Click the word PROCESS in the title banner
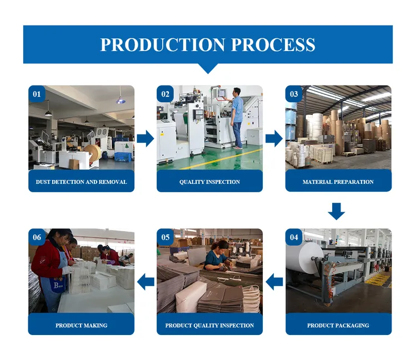pyautogui.click(x=271, y=44)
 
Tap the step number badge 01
pyautogui.click(x=37, y=94)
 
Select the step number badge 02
pyautogui.click(x=166, y=94)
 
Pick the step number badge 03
pyautogui.click(x=294, y=94)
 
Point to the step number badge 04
pyautogui.click(x=294, y=237)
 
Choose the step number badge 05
pyautogui.click(x=166, y=237)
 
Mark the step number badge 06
pyautogui.click(x=37, y=237)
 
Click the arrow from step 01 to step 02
pyautogui.click(x=146, y=138)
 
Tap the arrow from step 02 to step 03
pyautogui.click(x=274, y=138)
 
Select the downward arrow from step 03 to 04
pyautogui.click(x=337, y=211)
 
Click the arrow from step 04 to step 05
pyautogui.click(x=274, y=282)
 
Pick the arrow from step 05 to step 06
pyautogui.click(x=146, y=282)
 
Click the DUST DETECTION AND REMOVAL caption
pyautogui.click(x=81, y=182)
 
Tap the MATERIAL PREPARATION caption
pyautogui.click(x=338, y=182)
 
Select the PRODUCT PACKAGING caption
pyautogui.click(x=338, y=325)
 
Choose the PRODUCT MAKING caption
pyautogui.click(x=81, y=325)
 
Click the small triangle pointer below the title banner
pyautogui.click(x=208, y=68)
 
